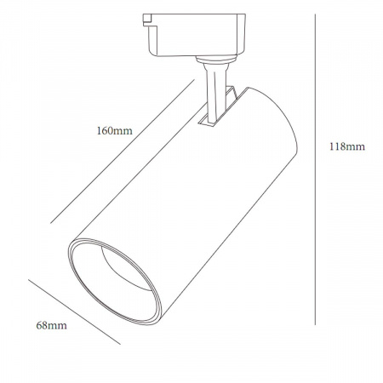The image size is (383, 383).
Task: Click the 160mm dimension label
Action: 115,131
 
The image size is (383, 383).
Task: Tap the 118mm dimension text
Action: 347,146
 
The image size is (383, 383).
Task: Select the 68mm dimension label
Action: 52,325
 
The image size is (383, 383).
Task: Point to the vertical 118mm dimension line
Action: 315,169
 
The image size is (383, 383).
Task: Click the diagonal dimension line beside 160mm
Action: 123,151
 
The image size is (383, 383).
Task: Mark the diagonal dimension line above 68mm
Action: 74,312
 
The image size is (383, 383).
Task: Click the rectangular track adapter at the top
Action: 194,35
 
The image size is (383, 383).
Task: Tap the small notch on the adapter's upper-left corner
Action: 146,20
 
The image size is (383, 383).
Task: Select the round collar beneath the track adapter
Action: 216,60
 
